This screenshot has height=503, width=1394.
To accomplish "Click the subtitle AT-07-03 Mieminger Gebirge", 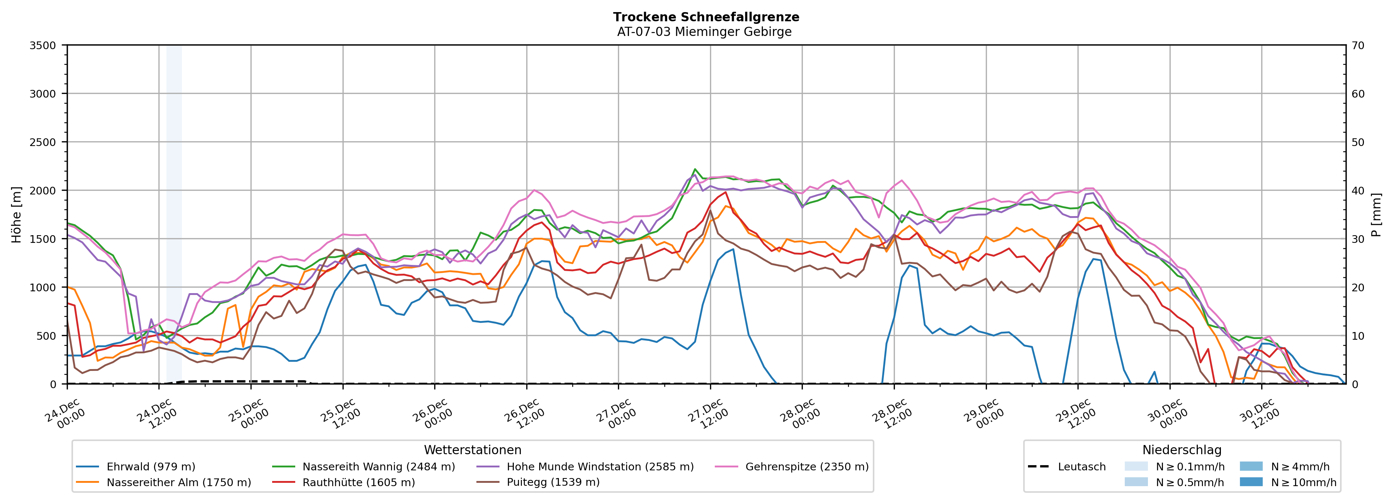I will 704,32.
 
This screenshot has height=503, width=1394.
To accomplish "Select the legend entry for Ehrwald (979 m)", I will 150,467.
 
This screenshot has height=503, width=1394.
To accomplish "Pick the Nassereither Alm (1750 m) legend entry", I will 179,482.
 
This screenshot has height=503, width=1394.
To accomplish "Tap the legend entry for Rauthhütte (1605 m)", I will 358,482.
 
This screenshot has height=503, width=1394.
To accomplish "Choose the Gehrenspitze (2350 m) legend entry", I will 806,467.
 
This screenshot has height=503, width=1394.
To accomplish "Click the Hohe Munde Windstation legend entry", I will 600,467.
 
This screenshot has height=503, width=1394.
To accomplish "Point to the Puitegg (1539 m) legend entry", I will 553,482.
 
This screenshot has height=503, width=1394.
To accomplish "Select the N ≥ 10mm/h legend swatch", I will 1251,482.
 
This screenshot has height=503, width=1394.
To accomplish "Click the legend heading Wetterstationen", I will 472,450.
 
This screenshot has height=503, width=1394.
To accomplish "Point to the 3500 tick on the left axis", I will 43,45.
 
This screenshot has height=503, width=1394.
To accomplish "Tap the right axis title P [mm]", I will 1377,214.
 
